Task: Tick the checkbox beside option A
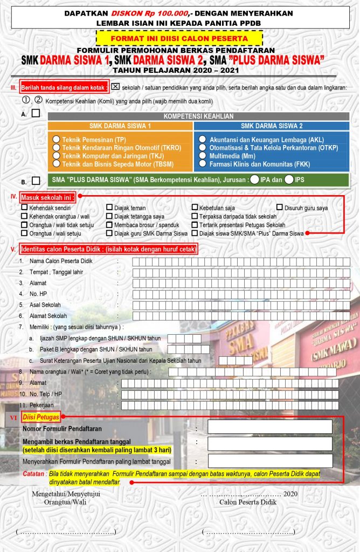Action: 36,113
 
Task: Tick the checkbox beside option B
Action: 36,181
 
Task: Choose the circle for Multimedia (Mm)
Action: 202,155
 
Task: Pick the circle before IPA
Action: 254,180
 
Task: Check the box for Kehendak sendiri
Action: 24,208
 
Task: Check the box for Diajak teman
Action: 109,208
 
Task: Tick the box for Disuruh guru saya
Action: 280,208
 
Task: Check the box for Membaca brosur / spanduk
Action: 109,225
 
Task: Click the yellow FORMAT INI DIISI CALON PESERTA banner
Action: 179,38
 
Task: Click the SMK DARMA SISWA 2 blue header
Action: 272,126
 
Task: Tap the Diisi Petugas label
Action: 41,417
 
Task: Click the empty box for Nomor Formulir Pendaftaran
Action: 269,427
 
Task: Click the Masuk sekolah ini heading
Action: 48,197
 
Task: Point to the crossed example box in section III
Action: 115,86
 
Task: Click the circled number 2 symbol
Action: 39,100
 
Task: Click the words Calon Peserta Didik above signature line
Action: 248,501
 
